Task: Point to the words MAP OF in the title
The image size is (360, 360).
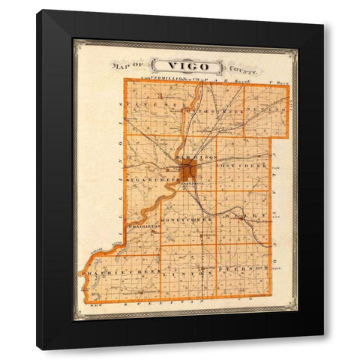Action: [126, 67]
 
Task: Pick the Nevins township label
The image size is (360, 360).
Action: [265, 109]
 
